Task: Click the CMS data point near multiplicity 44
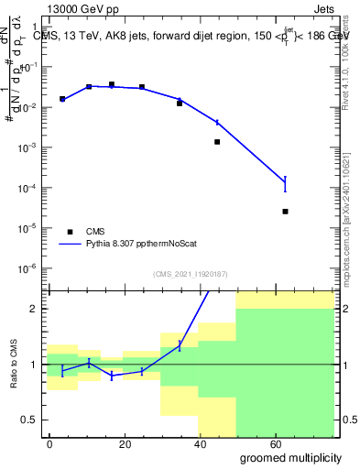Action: pos(217,142)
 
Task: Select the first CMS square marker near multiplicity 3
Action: pos(62,99)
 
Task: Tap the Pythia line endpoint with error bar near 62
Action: pos(286,184)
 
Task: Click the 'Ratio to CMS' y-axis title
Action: pos(13,364)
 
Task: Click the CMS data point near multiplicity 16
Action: pos(112,84)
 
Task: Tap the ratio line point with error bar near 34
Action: pos(180,345)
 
